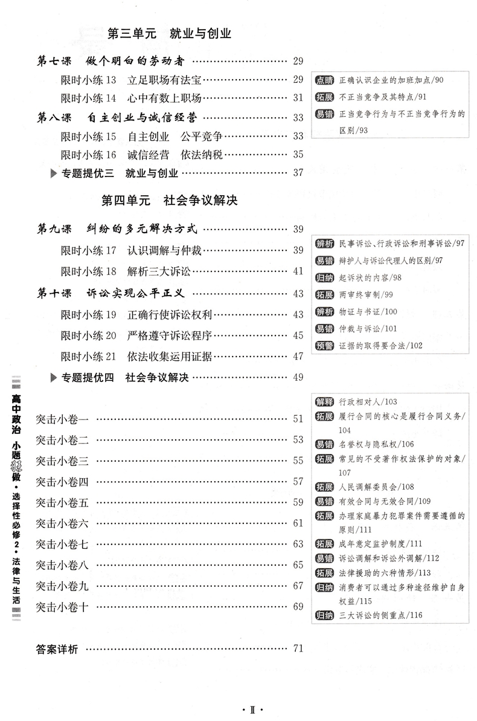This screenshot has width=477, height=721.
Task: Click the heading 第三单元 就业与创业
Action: pos(169,34)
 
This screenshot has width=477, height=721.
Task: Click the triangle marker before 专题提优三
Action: pos(53,173)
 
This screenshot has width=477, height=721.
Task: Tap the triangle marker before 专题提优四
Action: pos(53,377)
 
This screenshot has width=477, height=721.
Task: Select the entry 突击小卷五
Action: pos(62,502)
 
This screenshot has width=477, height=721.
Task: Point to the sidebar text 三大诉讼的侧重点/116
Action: pos(381,616)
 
